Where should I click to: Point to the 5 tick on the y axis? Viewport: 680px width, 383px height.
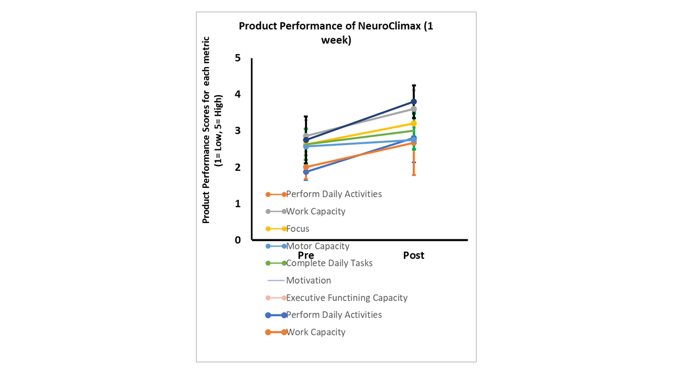[237, 57]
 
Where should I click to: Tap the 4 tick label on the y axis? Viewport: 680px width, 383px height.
[237, 94]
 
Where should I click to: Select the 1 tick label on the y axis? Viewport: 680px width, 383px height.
[237, 204]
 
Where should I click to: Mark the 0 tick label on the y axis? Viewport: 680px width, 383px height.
[237, 240]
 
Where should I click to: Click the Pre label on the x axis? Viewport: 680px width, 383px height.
[306, 256]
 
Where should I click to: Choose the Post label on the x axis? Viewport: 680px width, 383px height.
[413, 256]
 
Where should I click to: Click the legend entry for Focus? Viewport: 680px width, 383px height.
[297, 229]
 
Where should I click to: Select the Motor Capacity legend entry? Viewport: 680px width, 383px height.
[318, 246]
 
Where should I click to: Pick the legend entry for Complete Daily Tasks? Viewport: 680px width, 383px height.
[329, 263]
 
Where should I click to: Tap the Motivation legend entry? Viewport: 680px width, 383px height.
[309, 280]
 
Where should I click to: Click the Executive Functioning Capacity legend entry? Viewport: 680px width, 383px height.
[347, 298]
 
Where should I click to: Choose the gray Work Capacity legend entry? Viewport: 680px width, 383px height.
[316, 212]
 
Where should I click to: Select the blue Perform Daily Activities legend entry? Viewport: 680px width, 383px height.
[334, 315]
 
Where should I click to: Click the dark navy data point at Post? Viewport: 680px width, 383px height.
[413, 102]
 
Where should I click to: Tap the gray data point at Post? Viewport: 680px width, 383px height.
[413, 109]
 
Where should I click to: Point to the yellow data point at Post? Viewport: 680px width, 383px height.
[413, 123]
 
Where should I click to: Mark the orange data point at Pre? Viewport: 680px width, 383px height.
[306, 167]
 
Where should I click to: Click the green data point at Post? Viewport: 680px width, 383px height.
[413, 131]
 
